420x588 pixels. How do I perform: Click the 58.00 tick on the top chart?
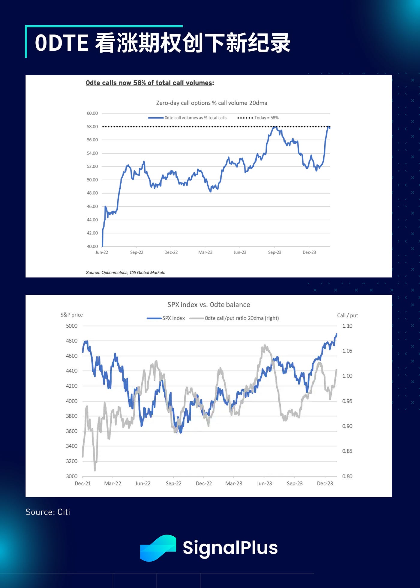pos(92,127)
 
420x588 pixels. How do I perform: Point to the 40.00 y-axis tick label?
pos(92,246)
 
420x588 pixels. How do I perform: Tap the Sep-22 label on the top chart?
pos(136,252)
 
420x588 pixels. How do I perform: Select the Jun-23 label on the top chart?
pos(240,252)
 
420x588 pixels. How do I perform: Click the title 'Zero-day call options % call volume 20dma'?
pos(211,103)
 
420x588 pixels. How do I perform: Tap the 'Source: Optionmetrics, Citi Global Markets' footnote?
pos(125,272)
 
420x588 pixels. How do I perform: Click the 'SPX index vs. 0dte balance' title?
pos(208,304)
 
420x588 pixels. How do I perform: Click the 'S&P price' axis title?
pos(71,315)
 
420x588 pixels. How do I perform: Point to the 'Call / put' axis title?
pos(347,315)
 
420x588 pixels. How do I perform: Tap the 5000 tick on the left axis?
pos(71,326)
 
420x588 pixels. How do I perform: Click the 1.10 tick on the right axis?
pos(347,326)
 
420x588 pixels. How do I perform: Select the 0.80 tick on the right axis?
pos(347,476)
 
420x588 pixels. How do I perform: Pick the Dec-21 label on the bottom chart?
pos(82,483)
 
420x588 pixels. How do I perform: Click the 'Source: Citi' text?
pos(48,512)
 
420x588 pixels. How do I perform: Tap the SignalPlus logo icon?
pos(158,548)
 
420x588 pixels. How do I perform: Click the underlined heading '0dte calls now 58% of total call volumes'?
pos(149,83)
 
